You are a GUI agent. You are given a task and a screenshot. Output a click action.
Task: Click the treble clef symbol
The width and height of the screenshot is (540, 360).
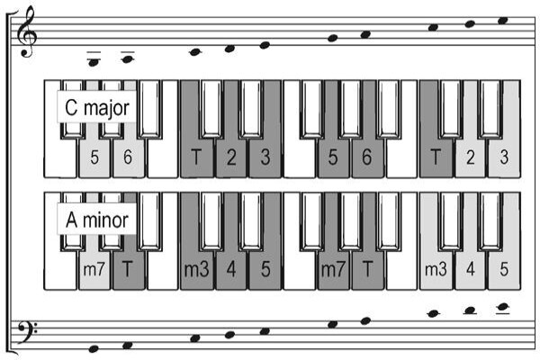click(x=27, y=31)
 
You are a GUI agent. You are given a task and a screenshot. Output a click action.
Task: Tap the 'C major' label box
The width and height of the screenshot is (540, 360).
click(x=97, y=107)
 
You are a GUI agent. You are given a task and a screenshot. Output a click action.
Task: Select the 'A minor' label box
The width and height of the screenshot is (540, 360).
click(x=97, y=220)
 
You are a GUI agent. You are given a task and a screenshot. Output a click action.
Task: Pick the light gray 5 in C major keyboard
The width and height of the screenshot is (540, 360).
click(x=94, y=157)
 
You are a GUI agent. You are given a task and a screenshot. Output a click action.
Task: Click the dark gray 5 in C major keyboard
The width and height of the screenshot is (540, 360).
click(x=333, y=157)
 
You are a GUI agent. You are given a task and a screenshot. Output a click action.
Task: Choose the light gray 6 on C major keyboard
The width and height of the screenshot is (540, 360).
click(x=128, y=157)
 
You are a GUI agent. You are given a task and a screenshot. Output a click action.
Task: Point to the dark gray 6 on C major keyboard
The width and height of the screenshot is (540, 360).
click(x=367, y=157)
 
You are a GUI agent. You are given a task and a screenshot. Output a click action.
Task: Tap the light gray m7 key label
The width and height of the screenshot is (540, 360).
click(x=94, y=269)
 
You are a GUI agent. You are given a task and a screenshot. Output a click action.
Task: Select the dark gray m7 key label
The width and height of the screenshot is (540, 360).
click(x=333, y=269)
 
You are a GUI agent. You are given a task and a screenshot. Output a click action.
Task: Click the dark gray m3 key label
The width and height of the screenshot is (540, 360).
click(x=196, y=269)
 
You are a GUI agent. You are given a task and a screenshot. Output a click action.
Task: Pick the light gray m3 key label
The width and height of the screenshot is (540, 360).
click(x=436, y=269)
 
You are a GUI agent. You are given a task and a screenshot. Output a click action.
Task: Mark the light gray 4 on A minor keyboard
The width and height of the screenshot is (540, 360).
click(x=471, y=269)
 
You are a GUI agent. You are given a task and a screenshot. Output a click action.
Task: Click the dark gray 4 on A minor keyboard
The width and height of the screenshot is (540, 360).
click(x=231, y=269)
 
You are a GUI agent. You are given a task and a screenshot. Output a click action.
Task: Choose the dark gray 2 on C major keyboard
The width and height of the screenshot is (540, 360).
click(x=231, y=157)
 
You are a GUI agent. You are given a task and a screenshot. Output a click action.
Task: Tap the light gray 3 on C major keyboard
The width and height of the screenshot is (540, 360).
click(x=504, y=157)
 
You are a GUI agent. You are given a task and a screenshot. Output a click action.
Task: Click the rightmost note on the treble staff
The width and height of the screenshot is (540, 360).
click(x=503, y=21)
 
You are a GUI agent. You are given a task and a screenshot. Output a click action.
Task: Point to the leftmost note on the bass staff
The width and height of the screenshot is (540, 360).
click(x=94, y=349)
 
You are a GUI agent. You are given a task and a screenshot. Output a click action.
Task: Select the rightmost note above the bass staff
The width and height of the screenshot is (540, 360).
click(x=503, y=307)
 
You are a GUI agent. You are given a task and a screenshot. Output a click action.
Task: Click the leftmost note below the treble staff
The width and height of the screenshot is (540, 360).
click(x=94, y=62)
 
